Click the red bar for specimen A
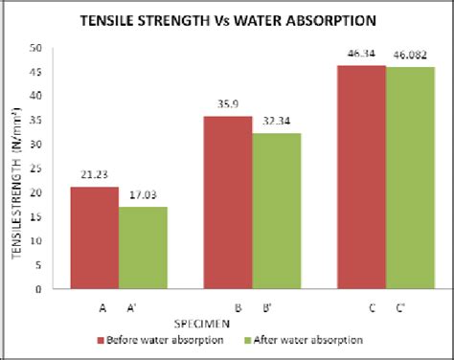click(95, 237)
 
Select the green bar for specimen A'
click(143, 247)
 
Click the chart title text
click(228, 18)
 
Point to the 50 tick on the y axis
click(36, 48)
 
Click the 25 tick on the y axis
click(36, 169)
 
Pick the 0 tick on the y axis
click(39, 288)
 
